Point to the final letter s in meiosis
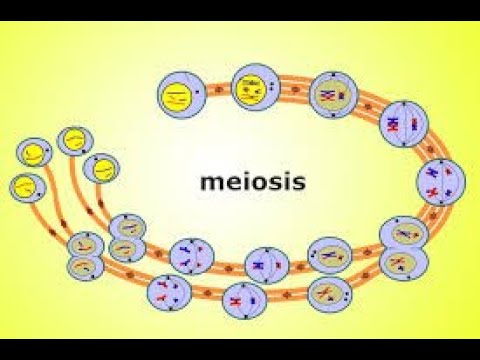[x=298, y=183]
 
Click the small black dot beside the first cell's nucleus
[x=201, y=95]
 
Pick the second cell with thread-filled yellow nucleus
[x=249, y=91]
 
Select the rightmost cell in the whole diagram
[x=441, y=181]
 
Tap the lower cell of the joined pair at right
[x=403, y=264]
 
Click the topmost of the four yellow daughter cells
[x=73, y=141]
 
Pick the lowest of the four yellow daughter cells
[x=27, y=186]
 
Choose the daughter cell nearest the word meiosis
[x=102, y=169]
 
